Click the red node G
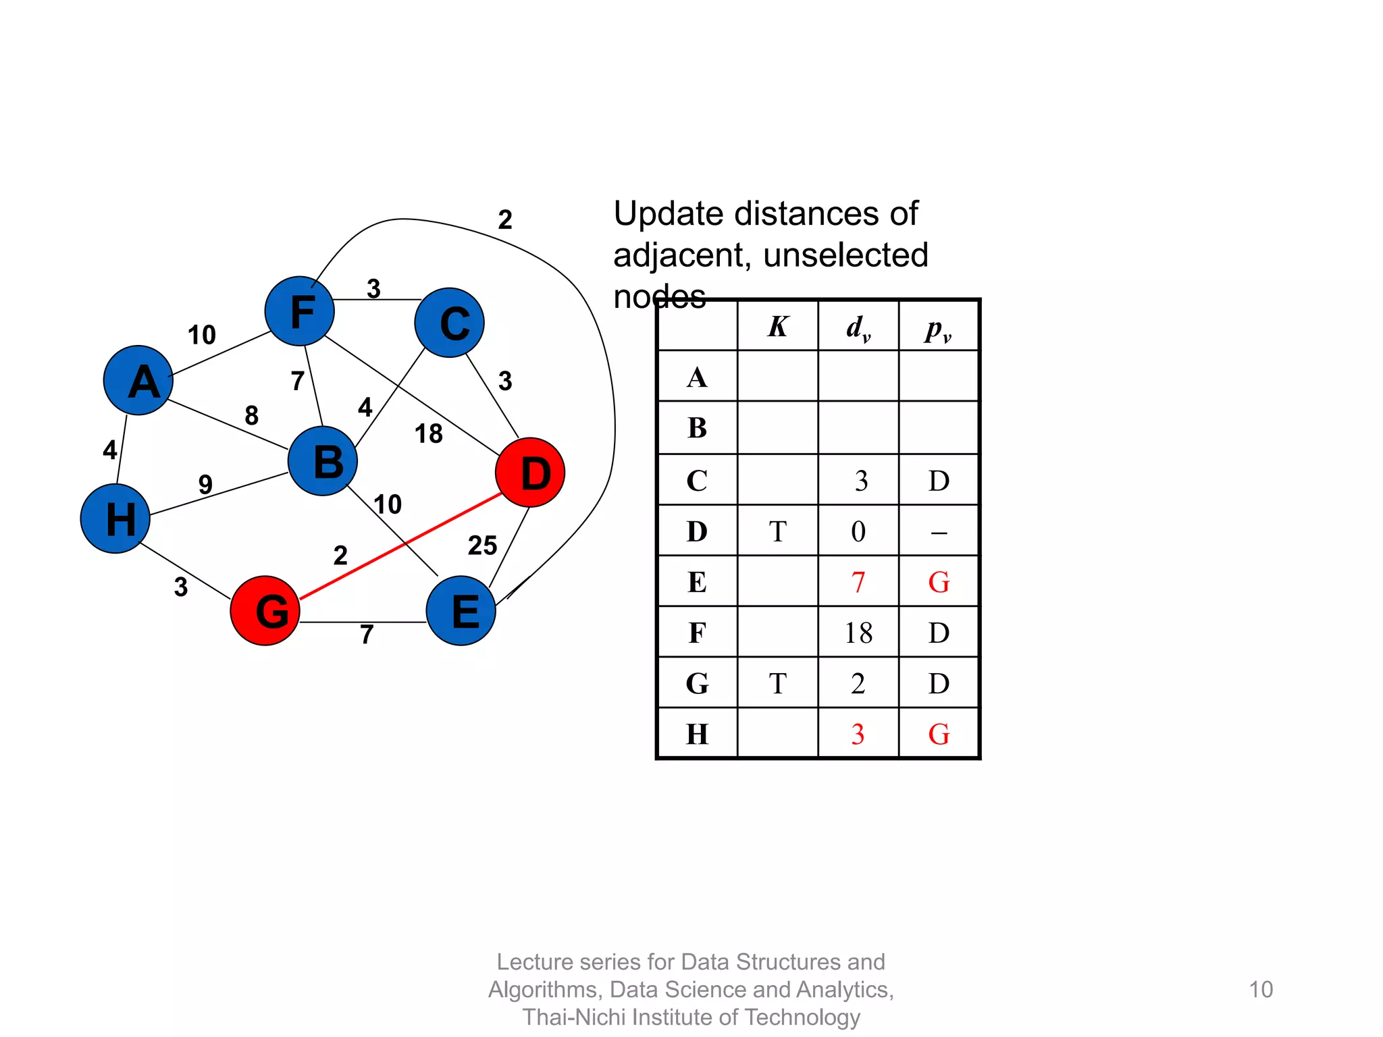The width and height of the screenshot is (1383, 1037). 265,610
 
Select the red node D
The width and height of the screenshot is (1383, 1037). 530,473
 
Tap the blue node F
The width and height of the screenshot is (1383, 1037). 299,311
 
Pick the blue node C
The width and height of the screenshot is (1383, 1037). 450,323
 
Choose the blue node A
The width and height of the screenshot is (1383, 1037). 138,380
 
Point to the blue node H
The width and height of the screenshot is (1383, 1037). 115,518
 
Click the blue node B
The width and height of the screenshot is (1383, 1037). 323,461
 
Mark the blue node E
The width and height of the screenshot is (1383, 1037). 461,610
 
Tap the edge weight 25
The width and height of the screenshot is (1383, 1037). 482,546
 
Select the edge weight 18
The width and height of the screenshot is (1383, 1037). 428,434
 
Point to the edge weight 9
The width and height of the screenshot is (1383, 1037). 205,484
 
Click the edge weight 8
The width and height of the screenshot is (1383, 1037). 251,415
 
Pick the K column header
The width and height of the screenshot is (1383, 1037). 777,327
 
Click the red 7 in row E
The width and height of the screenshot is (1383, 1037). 858,582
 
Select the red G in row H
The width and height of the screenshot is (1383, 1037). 939,734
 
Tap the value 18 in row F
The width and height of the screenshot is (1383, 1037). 858,633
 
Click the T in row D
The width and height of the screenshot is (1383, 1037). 777,531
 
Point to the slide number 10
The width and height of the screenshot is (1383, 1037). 1260,989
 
